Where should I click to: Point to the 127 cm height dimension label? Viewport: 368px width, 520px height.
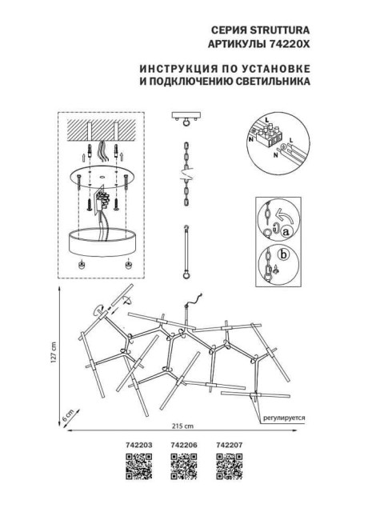click(52, 351)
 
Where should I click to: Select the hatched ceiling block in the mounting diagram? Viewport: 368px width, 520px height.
click(99, 130)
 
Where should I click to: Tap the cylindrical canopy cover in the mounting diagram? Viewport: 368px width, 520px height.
click(100, 239)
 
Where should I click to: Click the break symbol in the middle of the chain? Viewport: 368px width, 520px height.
click(183, 171)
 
